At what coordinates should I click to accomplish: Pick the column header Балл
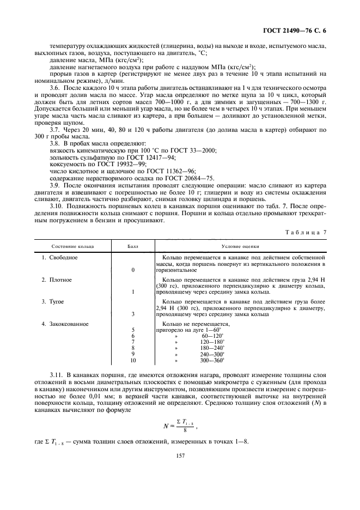[x=133, y=246]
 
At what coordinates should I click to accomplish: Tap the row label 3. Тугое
[x=54, y=301]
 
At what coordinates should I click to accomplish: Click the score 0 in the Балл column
[x=133, y=270]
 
